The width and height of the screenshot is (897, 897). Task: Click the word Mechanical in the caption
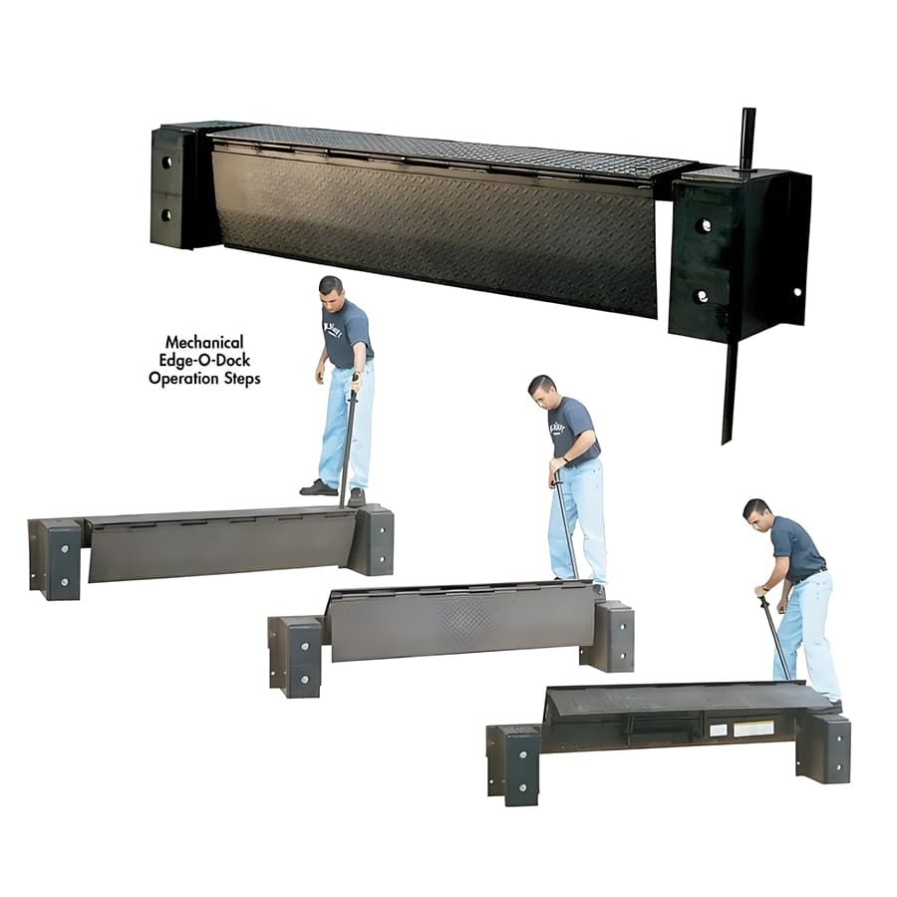coord(204,342)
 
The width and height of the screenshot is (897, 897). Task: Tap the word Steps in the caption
coord(239,379)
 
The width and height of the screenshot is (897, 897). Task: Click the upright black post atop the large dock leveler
coord(747,139)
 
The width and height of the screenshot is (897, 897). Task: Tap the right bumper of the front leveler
coord(825,747)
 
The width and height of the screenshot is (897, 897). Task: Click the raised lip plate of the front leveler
coord(678,699)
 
